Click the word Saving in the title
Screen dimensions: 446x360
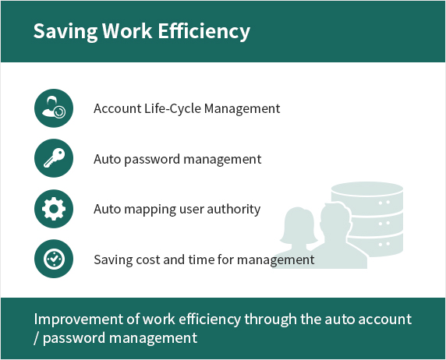[65, 31]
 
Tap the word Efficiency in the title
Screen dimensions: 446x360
[204, 31]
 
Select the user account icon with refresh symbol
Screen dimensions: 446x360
[54, 108]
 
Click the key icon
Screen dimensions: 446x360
[54, 158]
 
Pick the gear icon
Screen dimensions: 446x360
[54, 209]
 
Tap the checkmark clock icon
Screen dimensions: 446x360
[54, 259]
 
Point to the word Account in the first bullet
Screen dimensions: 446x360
[118, 108]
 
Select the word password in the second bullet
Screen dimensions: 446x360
[153, 159]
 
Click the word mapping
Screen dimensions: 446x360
[150, 210]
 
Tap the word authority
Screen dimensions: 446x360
[233, 210]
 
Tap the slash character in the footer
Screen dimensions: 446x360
[37, 338]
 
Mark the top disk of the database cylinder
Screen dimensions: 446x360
[367, 189]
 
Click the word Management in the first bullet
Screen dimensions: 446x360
[242, 109]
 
